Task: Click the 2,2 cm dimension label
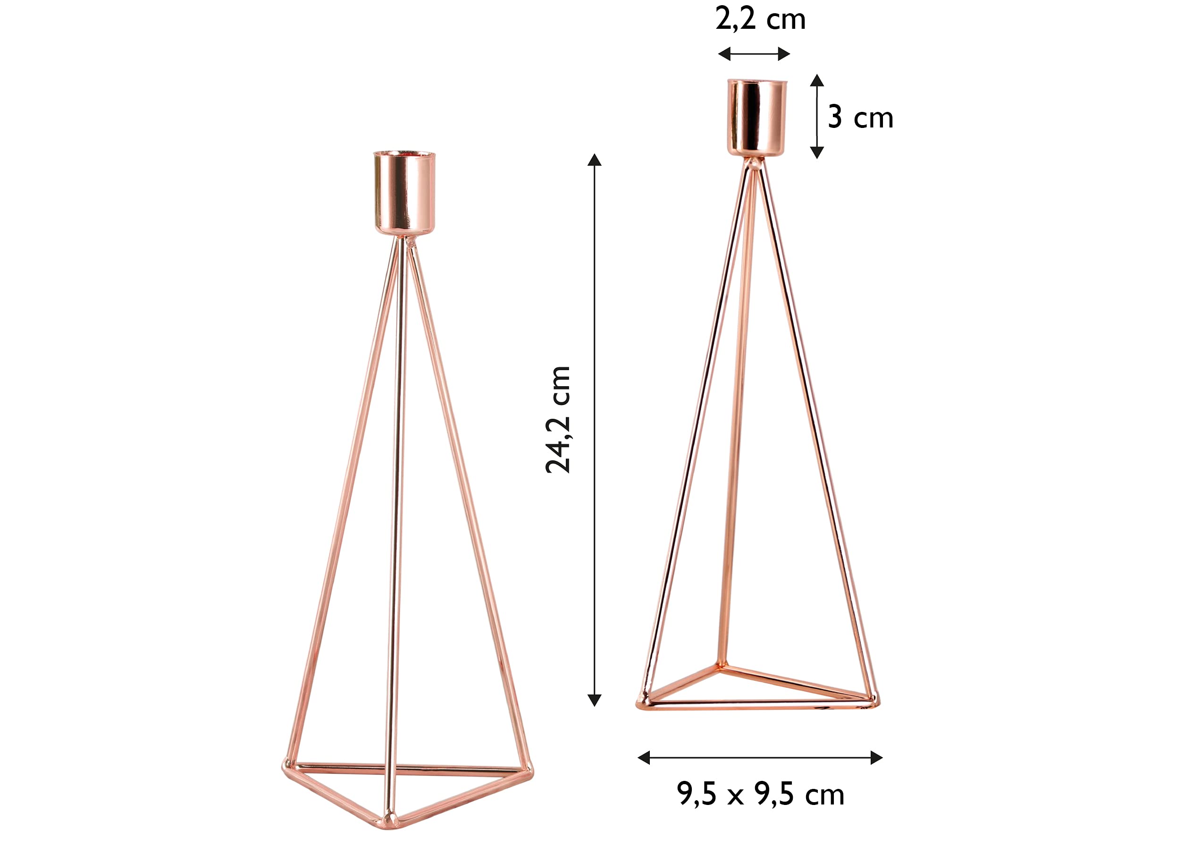pos(761,20)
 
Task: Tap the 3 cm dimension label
pos(860,117)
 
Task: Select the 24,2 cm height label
pos(558,420)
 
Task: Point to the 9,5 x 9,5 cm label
pos(761,794)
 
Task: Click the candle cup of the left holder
pos(405,193)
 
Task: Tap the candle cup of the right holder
pos(757,118)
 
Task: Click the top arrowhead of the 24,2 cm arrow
pos(594,160)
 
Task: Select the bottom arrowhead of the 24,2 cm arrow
pos(594,700)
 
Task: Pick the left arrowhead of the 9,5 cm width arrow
pos(644,758)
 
